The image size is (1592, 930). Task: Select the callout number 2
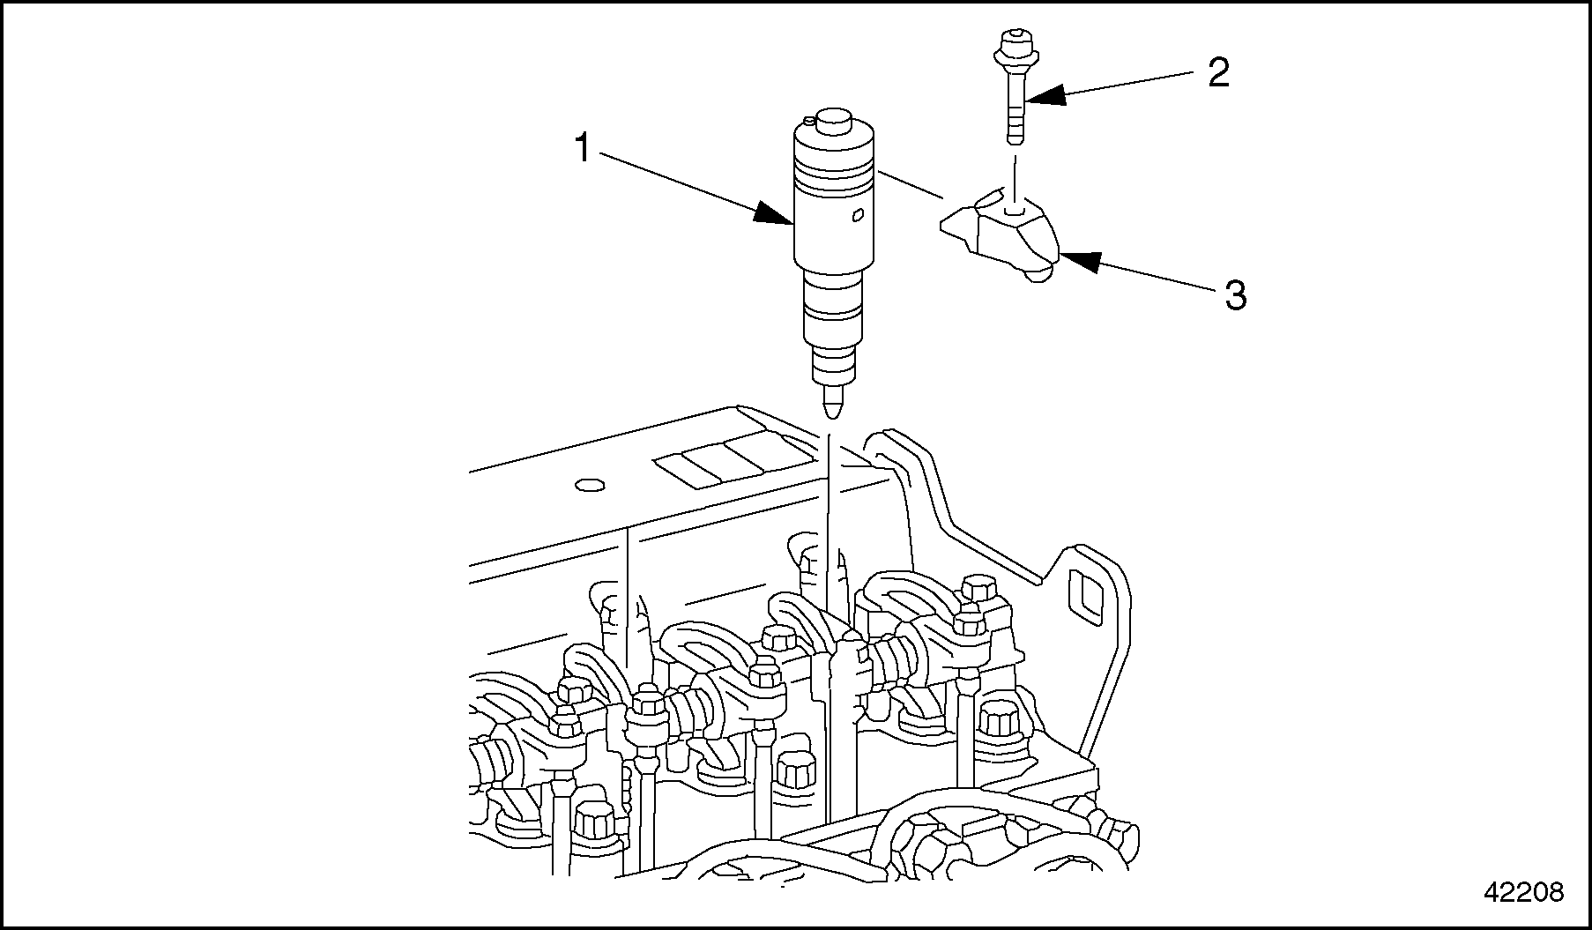tap(1218, 73)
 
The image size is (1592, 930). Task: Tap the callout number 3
tap(1236, 296)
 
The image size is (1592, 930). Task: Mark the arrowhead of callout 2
tap(1046, 95)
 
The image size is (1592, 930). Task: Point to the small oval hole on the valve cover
tap(588, 485)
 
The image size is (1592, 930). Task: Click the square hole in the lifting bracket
tap(1086, 592)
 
